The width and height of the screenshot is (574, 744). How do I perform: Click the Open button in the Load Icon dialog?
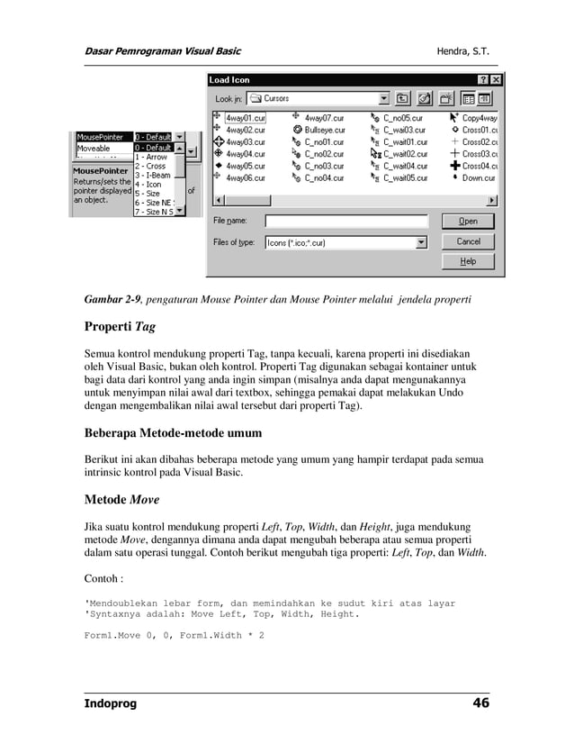[x=468, y=221]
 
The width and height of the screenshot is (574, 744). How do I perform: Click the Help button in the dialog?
[x=468, y=261]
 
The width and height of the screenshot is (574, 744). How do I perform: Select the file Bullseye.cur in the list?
[x=324, y=130]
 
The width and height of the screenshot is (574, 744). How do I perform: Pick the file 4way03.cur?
[x=244, y=142]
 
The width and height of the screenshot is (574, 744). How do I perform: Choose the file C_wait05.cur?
[x=405, y=178]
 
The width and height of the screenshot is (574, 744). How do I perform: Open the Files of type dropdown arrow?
[x=420, y=242]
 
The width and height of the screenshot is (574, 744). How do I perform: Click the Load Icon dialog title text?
[x=230, y=80]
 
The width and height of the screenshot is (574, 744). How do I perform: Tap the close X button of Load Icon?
[x=496, y=80]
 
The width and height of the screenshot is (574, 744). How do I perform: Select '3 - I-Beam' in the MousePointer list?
[x=153, y=176]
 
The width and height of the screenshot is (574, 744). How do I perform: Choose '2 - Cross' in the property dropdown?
[x=151, y=167]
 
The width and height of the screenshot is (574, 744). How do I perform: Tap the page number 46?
[x=480, y=703]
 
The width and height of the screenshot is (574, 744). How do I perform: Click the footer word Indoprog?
[x=111, y=703]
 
